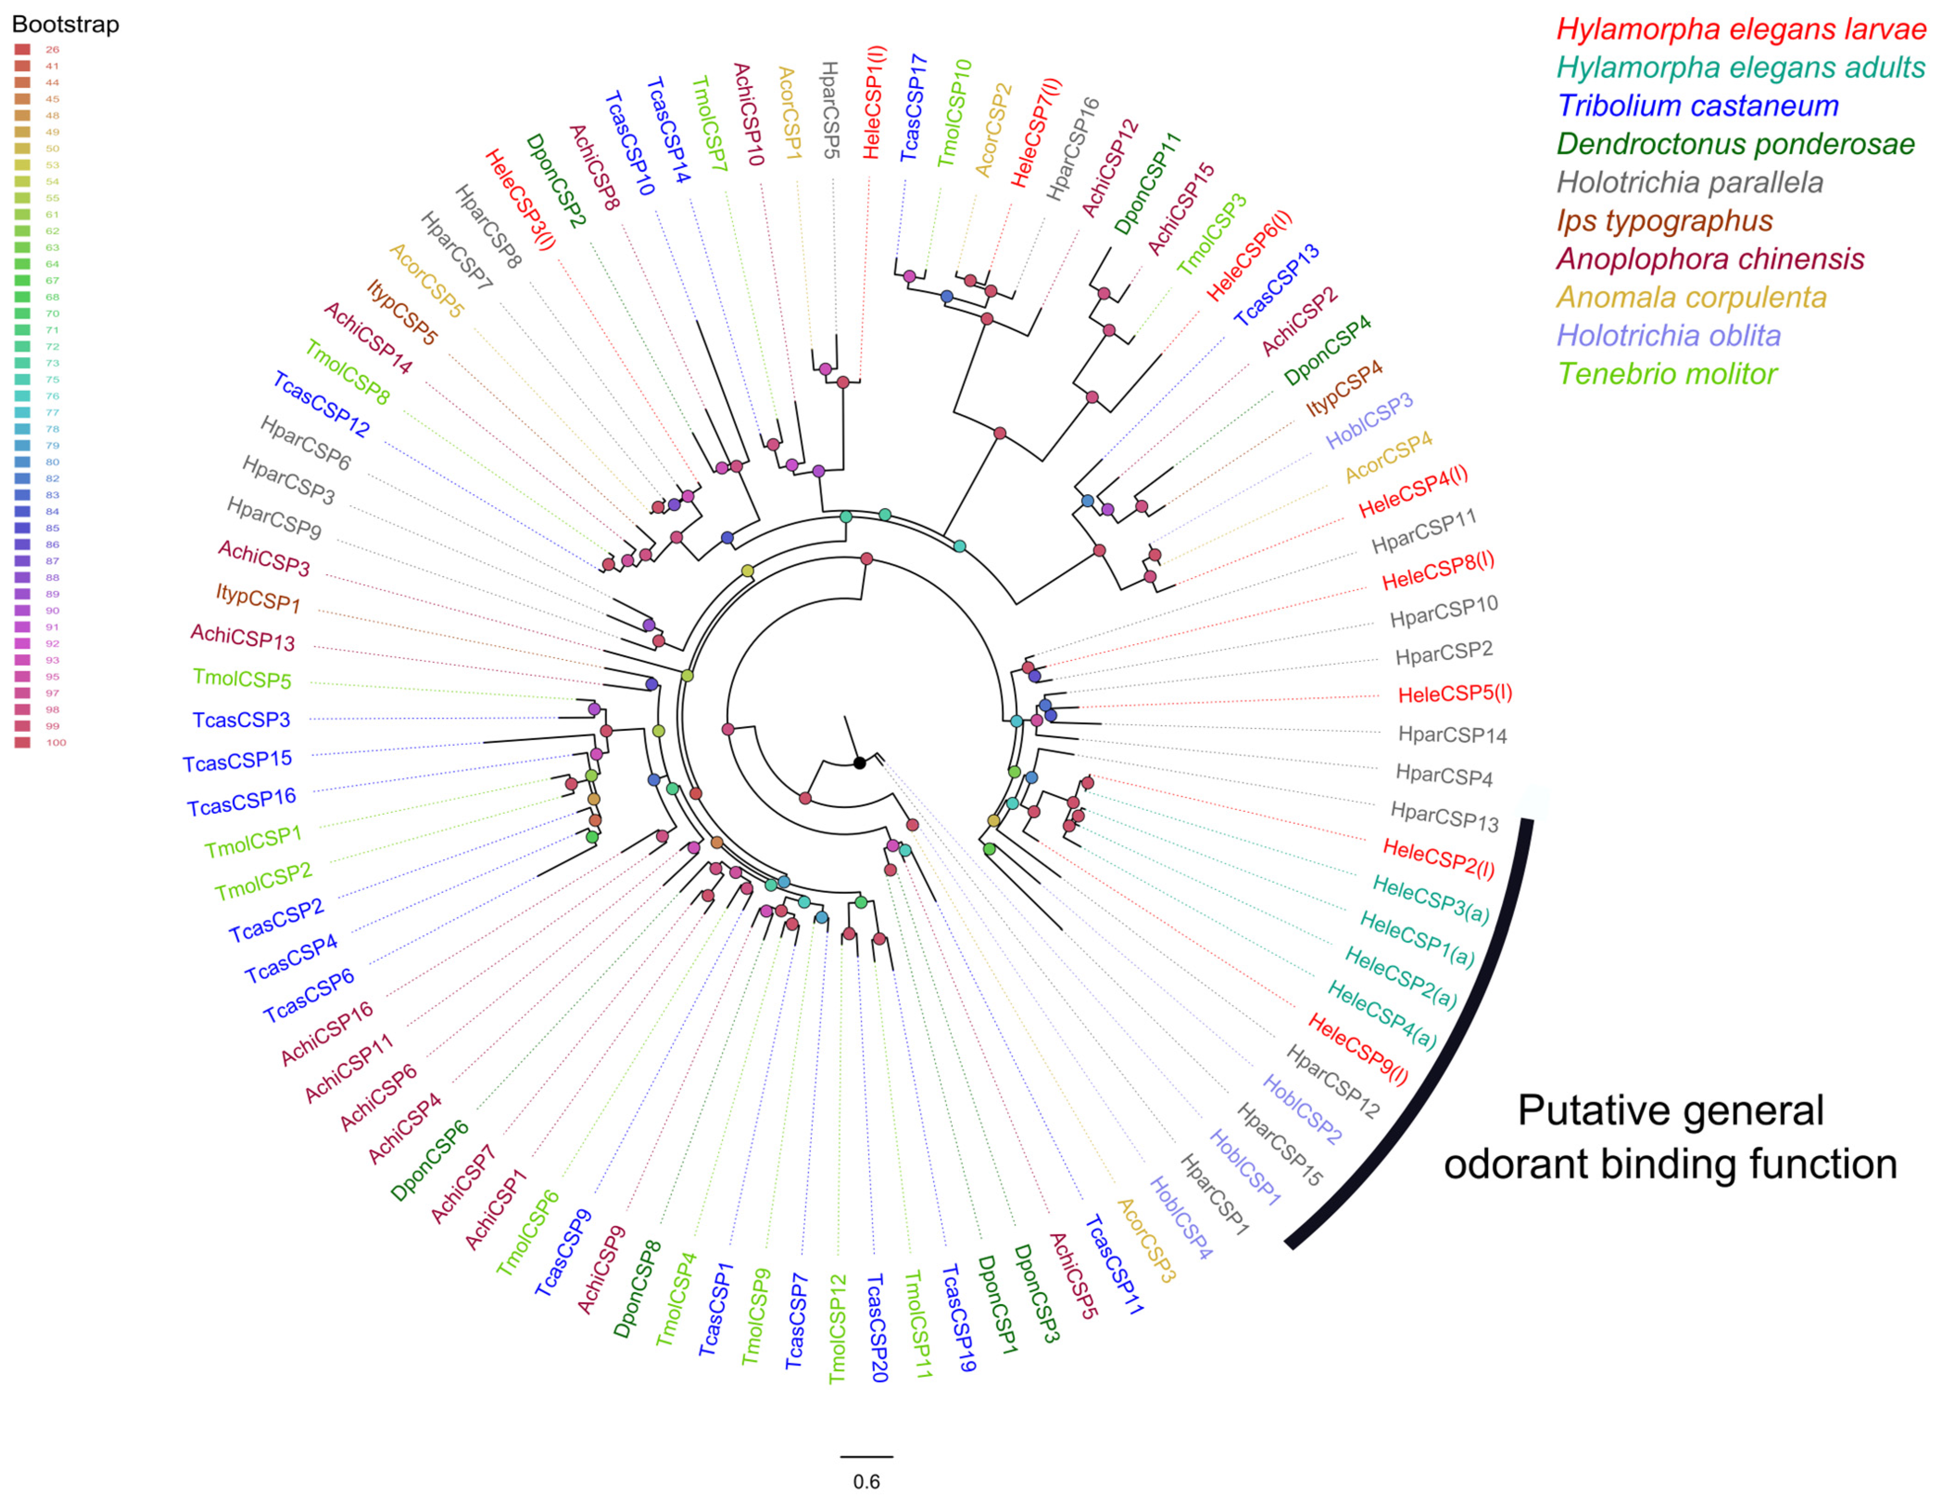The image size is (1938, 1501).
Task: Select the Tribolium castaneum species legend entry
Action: tap(1698, 106)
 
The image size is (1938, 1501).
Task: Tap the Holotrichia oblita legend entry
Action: tap(1668, 335)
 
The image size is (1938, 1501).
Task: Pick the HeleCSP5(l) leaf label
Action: tap(1454, 693)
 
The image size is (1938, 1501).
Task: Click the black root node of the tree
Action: tap(859, 763)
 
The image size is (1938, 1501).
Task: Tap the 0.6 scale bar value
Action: tap(866, 1482)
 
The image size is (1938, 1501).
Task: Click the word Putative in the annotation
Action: tap(1581, 1111)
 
